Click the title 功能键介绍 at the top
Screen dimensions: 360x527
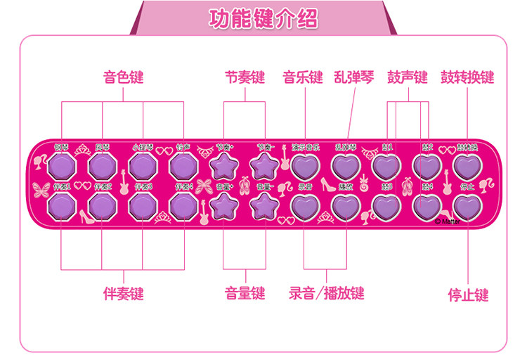(x=263, y=19)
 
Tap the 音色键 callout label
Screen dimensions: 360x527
(x=123, y=77)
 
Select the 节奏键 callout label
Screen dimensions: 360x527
(x=245, y=77)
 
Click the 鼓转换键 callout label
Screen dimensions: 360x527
(x=467, y=77)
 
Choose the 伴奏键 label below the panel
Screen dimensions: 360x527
(x=123, y=293)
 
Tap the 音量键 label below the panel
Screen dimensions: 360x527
(x=245, y=293)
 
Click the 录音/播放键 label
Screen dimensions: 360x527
(x=327, y=293)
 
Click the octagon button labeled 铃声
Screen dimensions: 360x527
(x=183, y=166)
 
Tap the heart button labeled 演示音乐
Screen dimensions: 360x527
(x=306, y=166)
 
